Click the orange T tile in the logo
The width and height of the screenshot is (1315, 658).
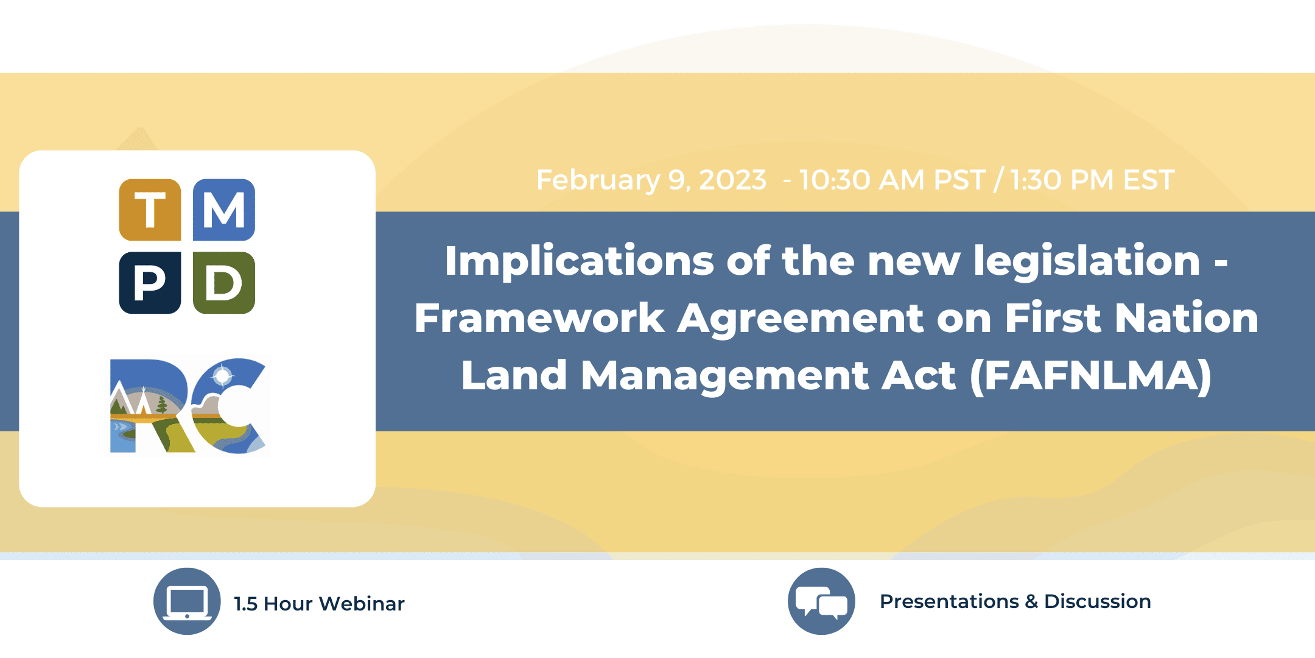(x=150, y=210)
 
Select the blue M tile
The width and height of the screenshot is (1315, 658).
(x=224, y=210)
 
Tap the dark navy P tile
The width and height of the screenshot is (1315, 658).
(x=150, y=283)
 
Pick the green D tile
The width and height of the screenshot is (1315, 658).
(x=224, y=283)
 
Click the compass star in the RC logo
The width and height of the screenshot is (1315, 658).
(x=222, y=376)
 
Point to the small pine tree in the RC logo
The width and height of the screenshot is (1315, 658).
(x=162, y=404)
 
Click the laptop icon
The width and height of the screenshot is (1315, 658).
(x=187, y=602)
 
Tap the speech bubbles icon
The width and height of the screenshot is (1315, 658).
(x=821, y=602)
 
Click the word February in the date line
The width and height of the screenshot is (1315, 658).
(x=598, y=180)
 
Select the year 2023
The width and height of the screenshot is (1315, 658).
(x=732, y=180)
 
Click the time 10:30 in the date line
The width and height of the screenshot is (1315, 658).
(x=835, y=180)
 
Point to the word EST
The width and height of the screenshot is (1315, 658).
(x=1148, y=180)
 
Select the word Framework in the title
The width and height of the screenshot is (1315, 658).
(x=539, y=319)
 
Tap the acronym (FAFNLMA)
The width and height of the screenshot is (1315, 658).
(x=1090, y=376)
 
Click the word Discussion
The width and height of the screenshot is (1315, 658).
(x=1097, y=601)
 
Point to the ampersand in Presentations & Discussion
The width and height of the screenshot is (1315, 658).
(x=1031, y=602)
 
